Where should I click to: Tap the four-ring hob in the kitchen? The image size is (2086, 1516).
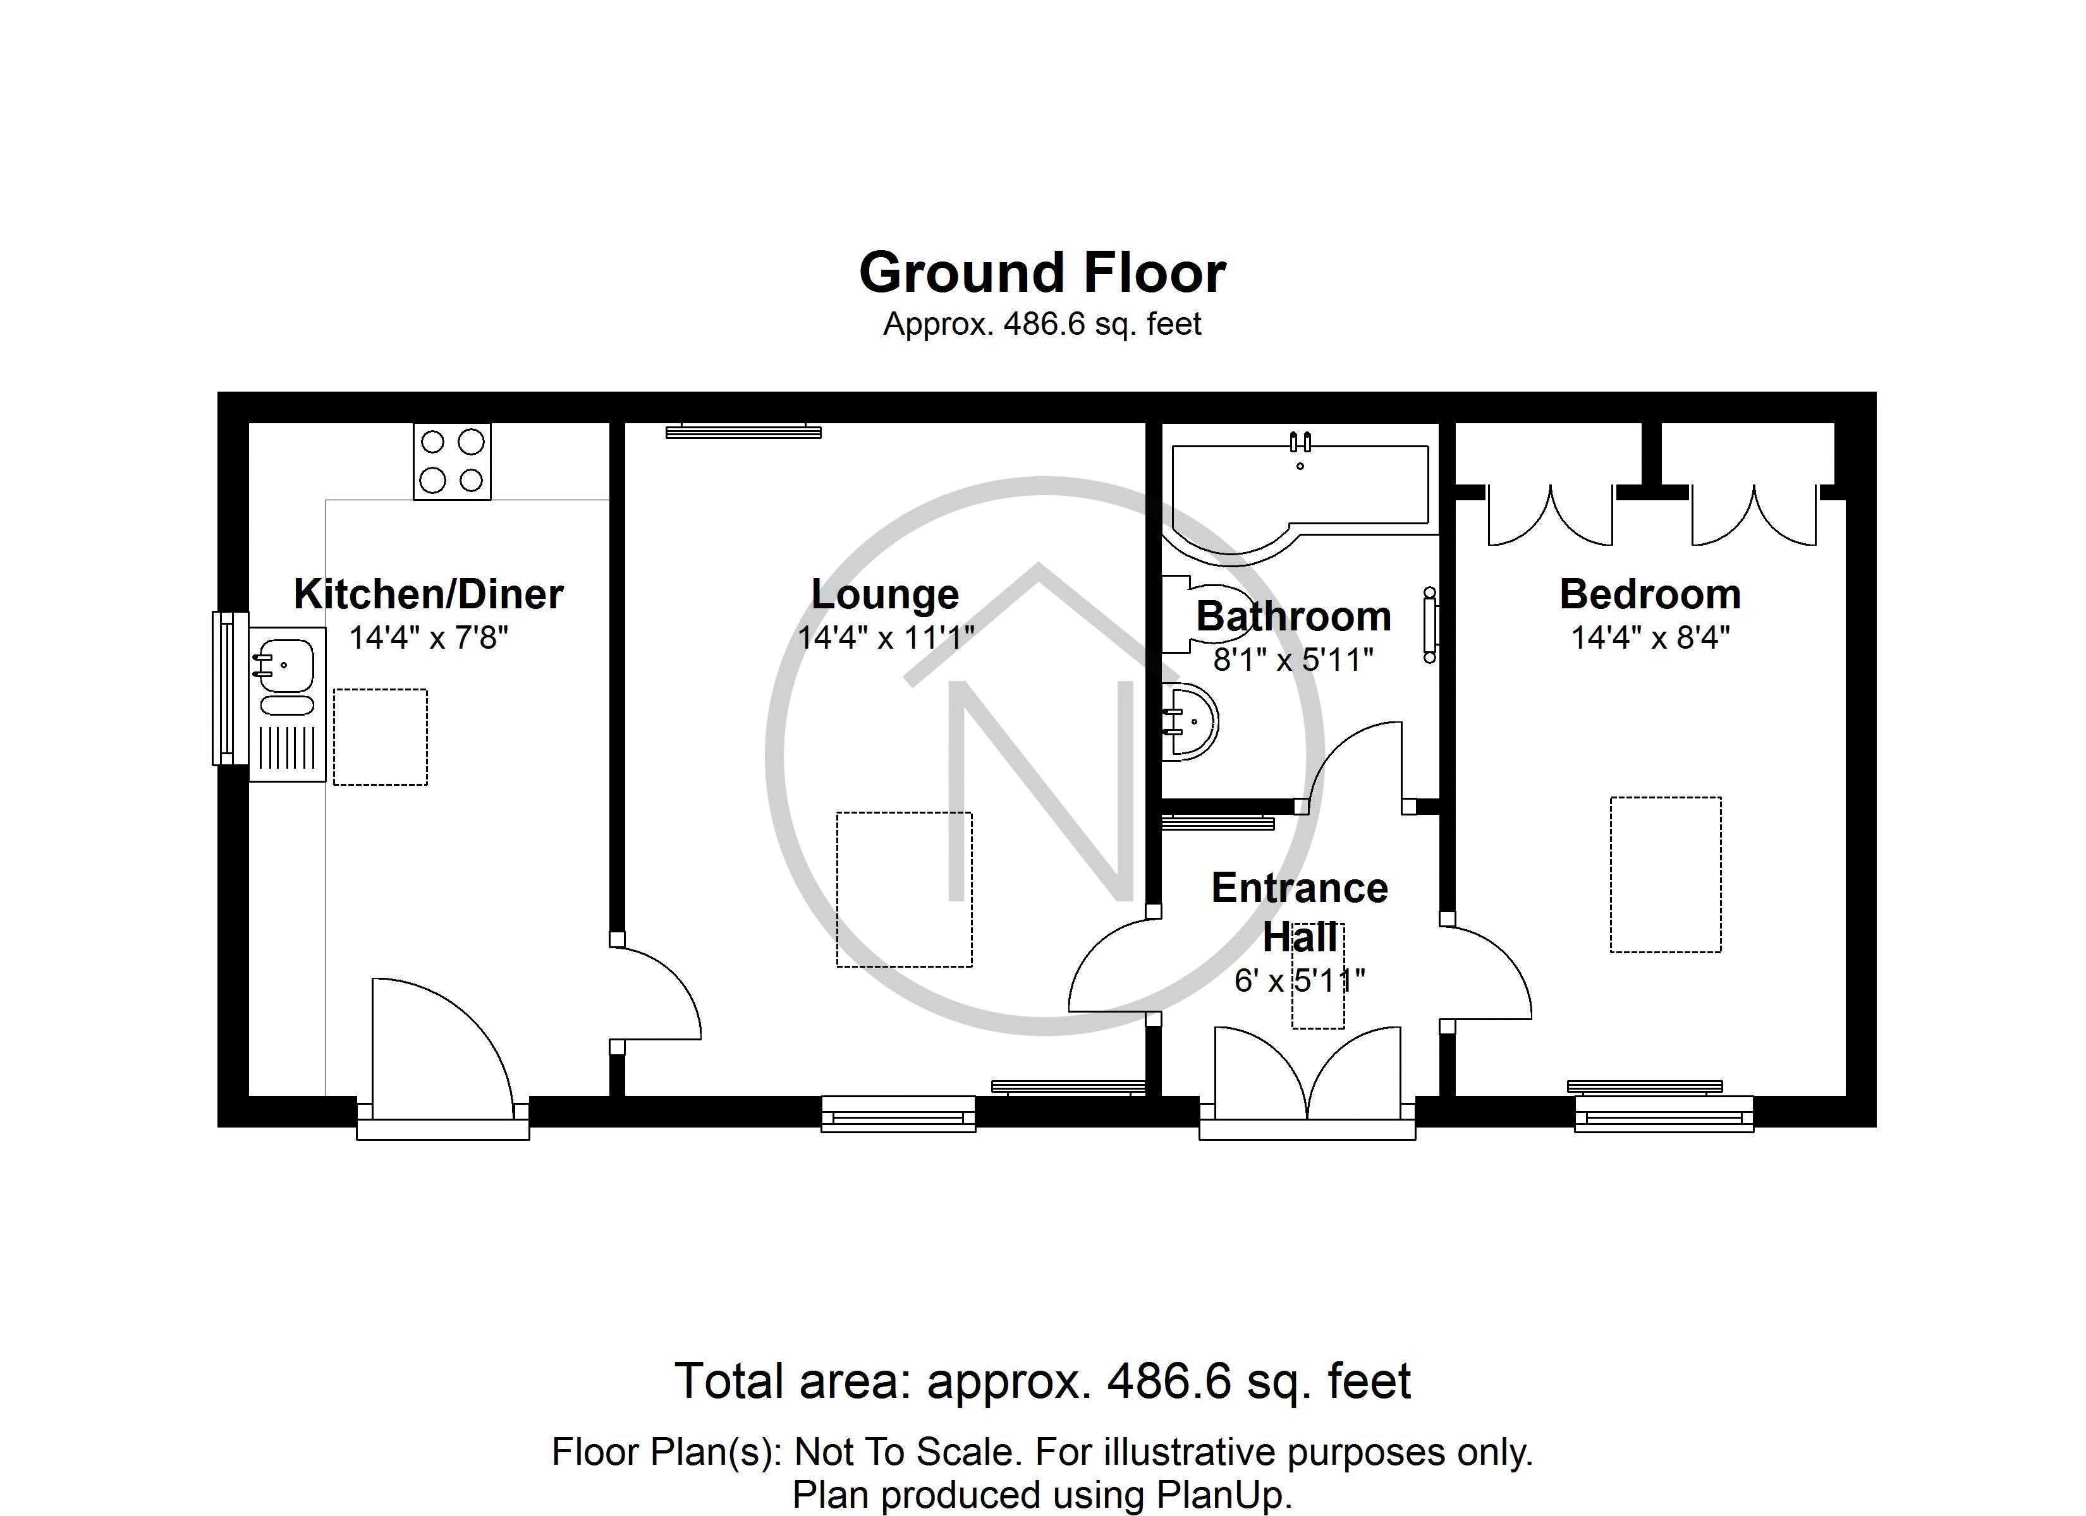tap(451, 460)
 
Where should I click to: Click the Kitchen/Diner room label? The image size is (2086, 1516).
tap(428, 594)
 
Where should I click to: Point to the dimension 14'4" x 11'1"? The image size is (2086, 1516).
tap(885, 637)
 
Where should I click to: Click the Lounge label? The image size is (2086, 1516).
tap(885, 594)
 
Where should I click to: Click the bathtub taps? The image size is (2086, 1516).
tap(1300, 443)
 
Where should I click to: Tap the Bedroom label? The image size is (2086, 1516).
tap(1650, 594)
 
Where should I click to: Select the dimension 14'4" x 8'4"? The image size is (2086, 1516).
tap(1650, 637)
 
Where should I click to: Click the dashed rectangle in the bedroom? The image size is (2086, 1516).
tap(1665, 874)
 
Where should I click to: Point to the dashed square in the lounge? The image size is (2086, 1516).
tap(903, 889)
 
